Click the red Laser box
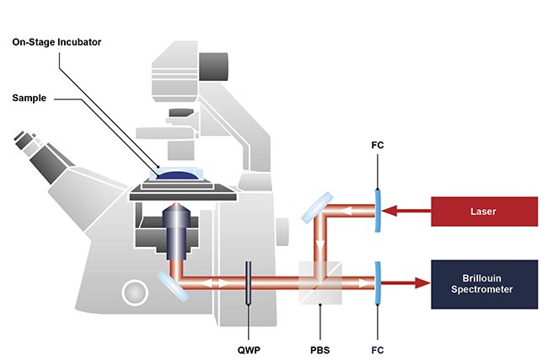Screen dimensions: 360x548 tap(484, 212)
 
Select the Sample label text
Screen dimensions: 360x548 tap(30, 98)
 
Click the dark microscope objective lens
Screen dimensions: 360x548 tap(176, 232)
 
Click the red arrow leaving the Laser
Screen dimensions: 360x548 tap(408, 212)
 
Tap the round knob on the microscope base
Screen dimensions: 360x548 tap(133, 293)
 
